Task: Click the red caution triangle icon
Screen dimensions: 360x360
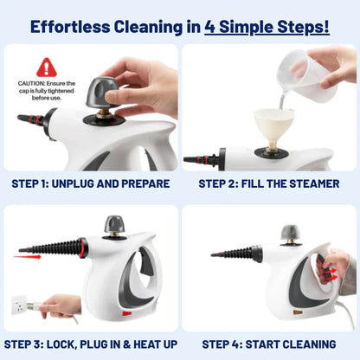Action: tap(47, 67)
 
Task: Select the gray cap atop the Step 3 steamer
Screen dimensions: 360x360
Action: tap(115, 225)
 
